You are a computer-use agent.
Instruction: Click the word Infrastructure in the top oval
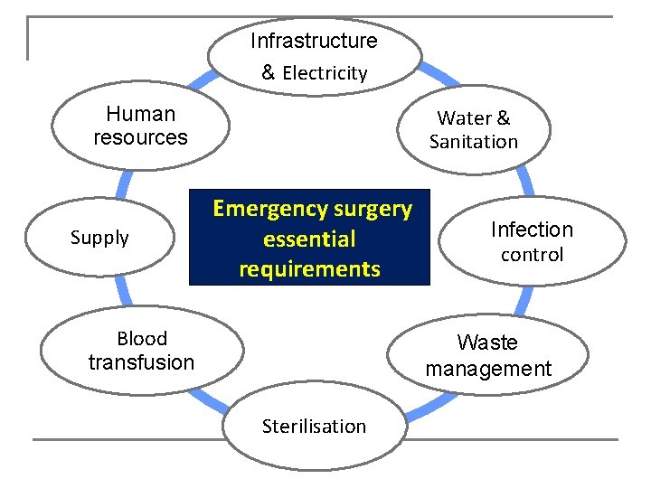coord(314,41)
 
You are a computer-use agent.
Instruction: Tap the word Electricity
coord(325,73)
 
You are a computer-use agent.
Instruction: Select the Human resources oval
coord(140,127)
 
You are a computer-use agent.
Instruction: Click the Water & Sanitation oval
coord(474,129)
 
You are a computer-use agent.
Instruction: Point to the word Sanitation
coord(474,142)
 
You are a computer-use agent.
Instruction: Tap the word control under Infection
coord(532,255)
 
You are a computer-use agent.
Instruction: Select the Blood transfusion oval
coord(142,351)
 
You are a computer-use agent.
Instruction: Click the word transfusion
coord(142,362)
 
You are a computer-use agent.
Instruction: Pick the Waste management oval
coord(488,355)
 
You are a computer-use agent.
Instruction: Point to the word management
coord(488,369)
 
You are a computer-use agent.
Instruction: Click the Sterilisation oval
coord(314,427)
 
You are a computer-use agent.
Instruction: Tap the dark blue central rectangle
coord(309,238)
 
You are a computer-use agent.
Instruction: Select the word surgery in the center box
coord(373,210)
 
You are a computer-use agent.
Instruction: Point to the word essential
coord(309,239)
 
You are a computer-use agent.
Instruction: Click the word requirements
coord(309,269)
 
